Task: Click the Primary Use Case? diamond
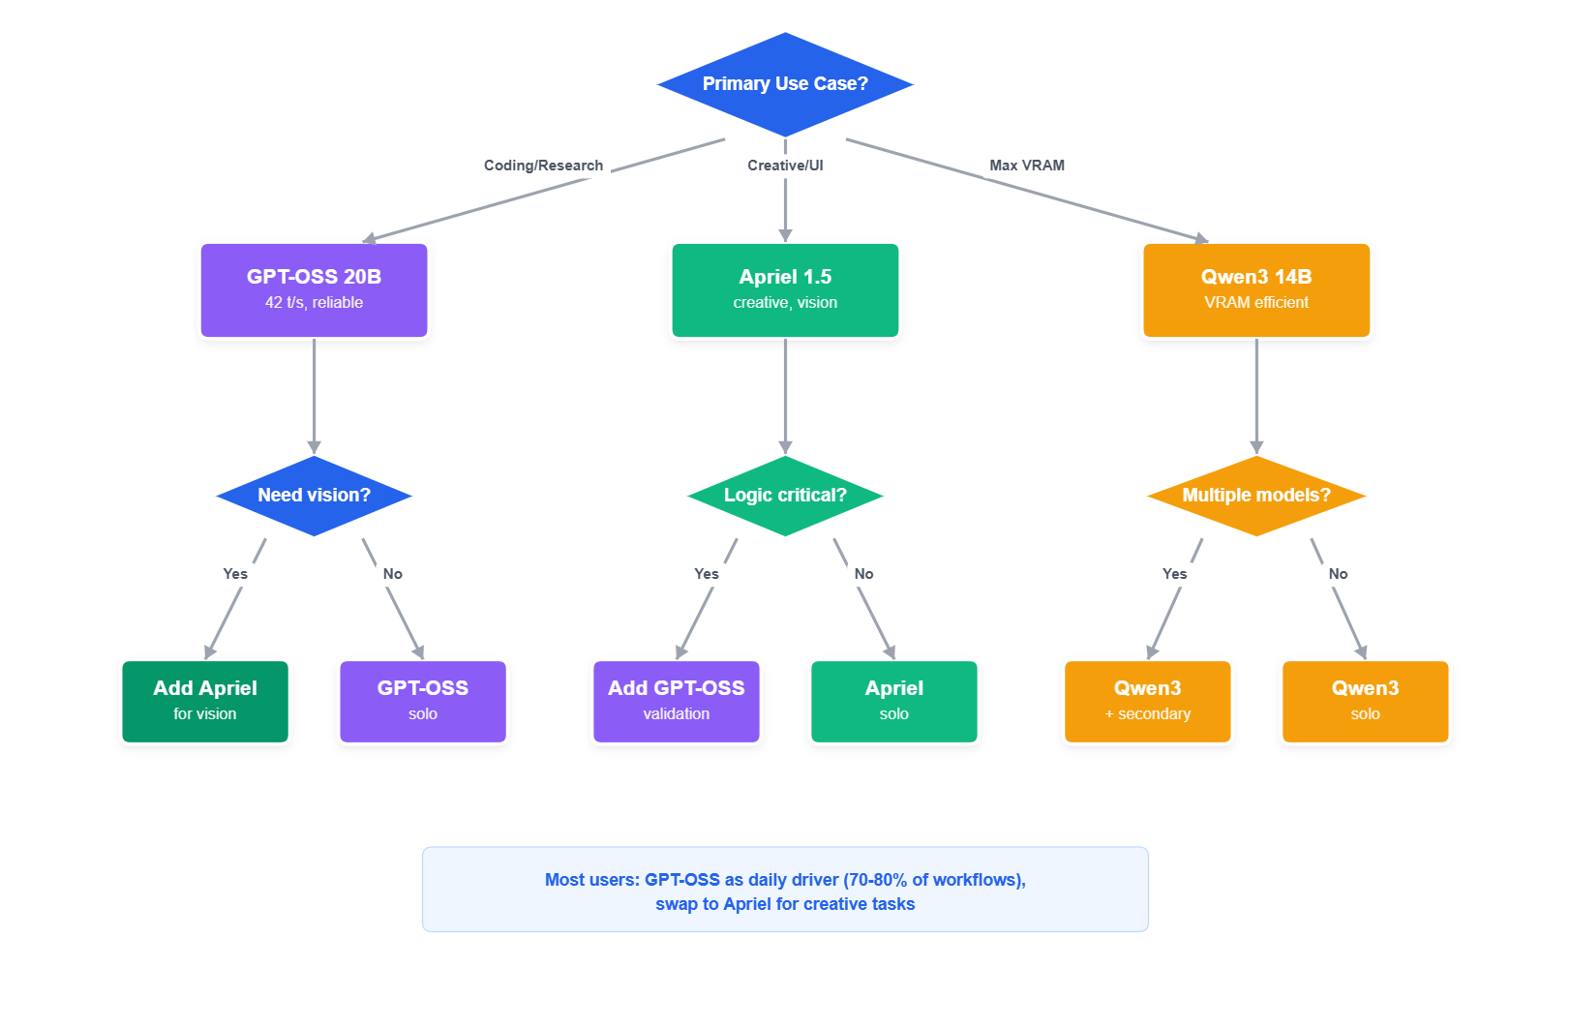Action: (785, 84)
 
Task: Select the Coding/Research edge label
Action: (543, 166)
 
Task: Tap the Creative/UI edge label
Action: (785, 166)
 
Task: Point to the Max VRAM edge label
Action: (1026, 166)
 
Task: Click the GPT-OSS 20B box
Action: (314, 289)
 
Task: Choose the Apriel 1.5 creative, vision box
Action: (785, 289)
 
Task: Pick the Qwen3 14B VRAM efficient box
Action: (1255, 289)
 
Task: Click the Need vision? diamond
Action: (314, 496)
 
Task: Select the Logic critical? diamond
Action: (785, 496)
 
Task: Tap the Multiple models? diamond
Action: (1255, 496)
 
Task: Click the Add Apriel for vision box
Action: (205, 701)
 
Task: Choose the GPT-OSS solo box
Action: (423, 701)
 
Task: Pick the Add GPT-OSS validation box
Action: (677, 701)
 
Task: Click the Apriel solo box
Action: (894, 701)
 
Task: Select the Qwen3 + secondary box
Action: (1147, 701)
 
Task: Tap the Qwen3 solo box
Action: (1365, 701)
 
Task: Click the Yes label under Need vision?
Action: (235, 574)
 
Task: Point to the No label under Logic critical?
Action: (863, 574)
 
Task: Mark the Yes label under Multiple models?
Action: (1174, 574)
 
